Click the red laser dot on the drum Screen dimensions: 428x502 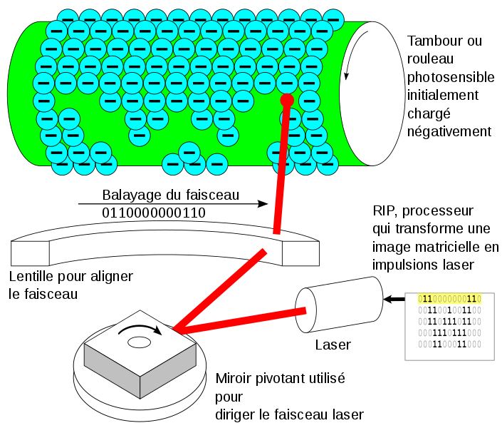click(x=287, y=100)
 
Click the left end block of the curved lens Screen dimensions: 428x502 click(x=30, y=253)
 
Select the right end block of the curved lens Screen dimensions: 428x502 click(x=300, y=253)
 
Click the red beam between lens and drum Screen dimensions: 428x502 click(x=281, y=171)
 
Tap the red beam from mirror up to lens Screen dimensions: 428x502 click(x=221, y=289)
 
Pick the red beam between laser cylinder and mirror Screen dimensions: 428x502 click(x=242, y=320)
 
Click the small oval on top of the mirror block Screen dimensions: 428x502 click(x=139, y=342)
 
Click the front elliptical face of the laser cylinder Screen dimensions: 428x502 click(x=305, y=310)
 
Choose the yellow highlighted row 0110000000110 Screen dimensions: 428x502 click(x=449, y=299)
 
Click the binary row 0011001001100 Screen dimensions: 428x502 click(x=449, y=310)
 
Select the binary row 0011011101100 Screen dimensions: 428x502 click(x=449, y=322)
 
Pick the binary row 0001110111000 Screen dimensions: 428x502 click(x=449, y=333)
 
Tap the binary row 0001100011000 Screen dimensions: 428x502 click(x=449, y=345)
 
